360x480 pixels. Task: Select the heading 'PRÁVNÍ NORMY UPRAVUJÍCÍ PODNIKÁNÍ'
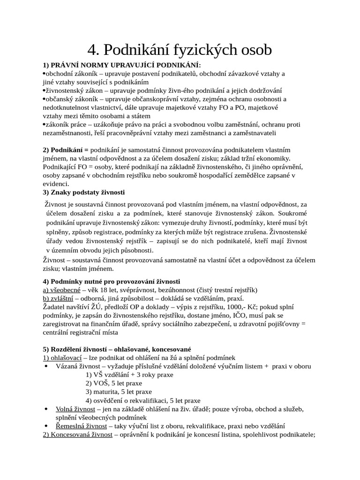pyautogui.click(x=125, y=65)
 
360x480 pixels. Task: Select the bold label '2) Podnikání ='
pyautogui.click(x=66, y=150)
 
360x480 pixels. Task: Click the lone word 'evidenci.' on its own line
pyautogui.click(x=56, y=184)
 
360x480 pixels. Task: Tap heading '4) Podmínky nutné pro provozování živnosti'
pyautogui.click(x=112, y=281)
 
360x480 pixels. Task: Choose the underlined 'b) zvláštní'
pyautogui.click(x=58, y=298)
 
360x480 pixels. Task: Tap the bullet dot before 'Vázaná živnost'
pyautogui.click(x=46, y=366)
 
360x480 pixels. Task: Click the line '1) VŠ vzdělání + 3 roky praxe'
pyautogui.click(x=129, y=375)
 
